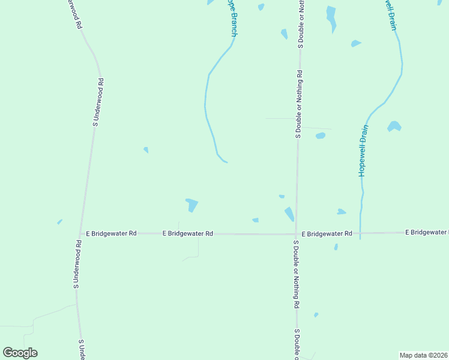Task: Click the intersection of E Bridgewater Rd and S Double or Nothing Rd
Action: click(x=296, y=234)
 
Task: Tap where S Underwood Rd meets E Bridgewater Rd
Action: click(x=80, y=233)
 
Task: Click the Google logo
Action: click(x=20, y=353)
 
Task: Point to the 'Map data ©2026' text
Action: click(x=424, y=355)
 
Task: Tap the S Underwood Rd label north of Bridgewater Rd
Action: click(x=97, y=101)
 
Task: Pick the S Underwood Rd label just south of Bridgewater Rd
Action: click(x=77, y=265)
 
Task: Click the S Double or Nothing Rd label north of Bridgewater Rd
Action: click(x=299, y=104)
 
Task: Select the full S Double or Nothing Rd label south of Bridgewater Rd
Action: click(x=296, y=275)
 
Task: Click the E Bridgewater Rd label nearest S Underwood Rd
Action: click(x=111, y=233)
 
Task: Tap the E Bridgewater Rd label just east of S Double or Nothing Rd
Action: click(x=327, y=233)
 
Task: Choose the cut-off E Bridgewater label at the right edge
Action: click(x=427, y=232)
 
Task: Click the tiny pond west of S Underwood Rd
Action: click(x=59, y=221)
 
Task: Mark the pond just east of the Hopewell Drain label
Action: click(x=394, y=126)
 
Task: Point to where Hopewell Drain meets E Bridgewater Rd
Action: click(x=360, y=233)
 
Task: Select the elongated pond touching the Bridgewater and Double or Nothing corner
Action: click(x=289, y=214)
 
